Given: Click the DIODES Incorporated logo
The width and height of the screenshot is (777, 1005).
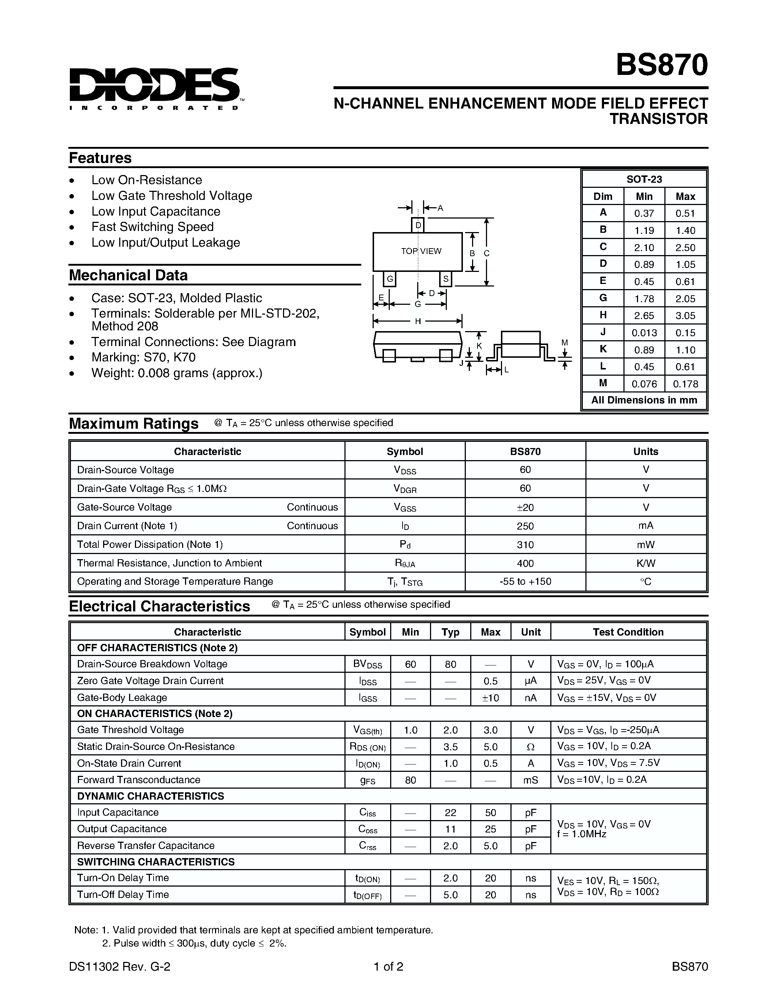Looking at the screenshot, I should pyautogui.click(x=154, y=88).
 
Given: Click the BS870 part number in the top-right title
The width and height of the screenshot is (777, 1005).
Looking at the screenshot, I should pyautogui.click(x=661, y=65).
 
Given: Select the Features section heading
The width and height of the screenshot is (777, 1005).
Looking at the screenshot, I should pyautogui.click(x=100, y=158).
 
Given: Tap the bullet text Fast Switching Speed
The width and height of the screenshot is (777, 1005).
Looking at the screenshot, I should pyautogui.click(x=152, y=227).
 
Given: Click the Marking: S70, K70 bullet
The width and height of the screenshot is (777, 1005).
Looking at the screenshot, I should pyautogui.click(x=143, y=357).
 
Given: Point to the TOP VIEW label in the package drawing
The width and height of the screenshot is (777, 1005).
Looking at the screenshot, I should pyautogui.click(x=421, y=251).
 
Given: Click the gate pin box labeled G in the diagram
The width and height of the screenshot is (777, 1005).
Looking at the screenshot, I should pyautogui.click(x=389, y=279).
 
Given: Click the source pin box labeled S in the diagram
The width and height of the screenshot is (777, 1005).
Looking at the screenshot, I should pyautogui.click(x=446, y=279).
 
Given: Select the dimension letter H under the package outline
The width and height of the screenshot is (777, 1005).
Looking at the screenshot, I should pyautogui.click(x=418, y=322).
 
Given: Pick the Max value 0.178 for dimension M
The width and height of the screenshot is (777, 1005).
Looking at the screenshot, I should pyautogui.click(x=685, y=384).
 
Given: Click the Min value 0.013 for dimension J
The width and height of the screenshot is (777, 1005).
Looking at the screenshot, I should pyautogui.click(x=644, y=333).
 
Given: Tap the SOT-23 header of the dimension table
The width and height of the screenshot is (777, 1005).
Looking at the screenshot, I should pyautogui.click(x=644, y=179).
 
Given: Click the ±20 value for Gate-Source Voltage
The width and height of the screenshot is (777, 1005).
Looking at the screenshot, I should pyautogui.click(x=525, y=508).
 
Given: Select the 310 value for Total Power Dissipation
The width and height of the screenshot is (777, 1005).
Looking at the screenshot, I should pyautogui.click(x=525, y=545).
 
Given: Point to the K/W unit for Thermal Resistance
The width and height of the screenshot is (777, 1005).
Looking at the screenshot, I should pyautogui.click(x=645, y=563).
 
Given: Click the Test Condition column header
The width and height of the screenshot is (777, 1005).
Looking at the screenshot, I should pyautogui.click(x=628, y=632).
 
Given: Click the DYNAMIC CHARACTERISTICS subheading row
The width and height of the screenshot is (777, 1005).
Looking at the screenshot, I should pyautogui.click(x=151, y=796).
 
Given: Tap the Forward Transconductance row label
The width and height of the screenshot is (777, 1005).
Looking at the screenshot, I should pyautogui.click(x=139, y=780).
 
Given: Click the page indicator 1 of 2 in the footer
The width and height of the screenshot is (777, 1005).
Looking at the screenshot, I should pyautogui.click(x=388, y=966).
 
